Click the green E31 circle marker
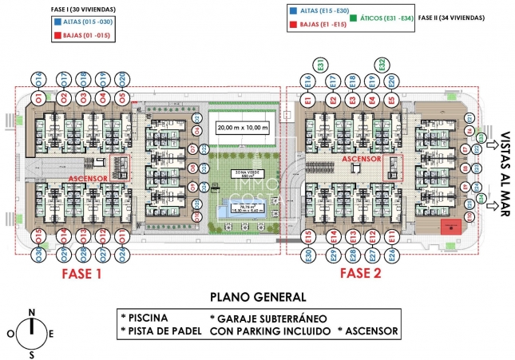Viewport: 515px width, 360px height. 319,64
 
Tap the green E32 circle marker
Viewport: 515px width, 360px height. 382,64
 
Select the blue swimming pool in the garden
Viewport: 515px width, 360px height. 241,210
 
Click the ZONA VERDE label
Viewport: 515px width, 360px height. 241,174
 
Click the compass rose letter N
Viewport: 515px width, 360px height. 31,312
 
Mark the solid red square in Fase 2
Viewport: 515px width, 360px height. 452,226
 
